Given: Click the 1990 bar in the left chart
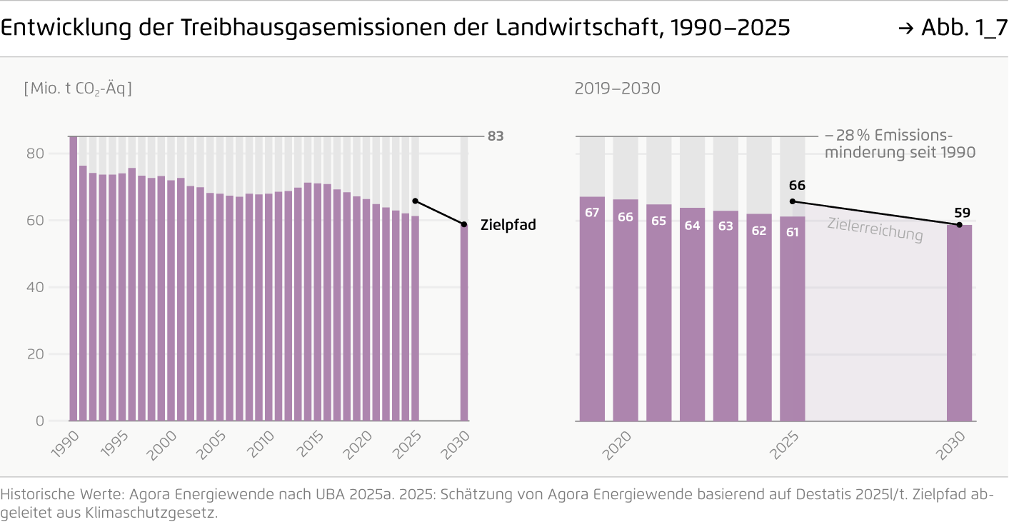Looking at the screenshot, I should [74, 278].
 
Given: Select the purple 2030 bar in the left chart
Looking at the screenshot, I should [464, 321].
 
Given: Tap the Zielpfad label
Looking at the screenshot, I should [508, 225].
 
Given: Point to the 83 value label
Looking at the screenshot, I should [496, 136].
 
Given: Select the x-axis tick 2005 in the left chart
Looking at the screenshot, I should [211, 443].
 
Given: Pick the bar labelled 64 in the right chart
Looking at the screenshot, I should [692, 314].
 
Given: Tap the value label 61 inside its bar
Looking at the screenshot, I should [792, 231].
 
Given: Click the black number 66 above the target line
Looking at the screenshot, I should [797, 186].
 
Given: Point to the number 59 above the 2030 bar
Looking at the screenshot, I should [962, 212].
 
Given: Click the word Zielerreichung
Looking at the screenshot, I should [875, 229].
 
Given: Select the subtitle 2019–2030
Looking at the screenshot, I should [617, 89].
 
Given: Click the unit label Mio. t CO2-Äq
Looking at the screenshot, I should [78, 89].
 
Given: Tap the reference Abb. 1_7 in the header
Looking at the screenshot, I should [961, 28].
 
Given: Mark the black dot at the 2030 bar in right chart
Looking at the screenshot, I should [959, 225].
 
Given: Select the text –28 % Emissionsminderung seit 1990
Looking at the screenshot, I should [899, 144].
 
